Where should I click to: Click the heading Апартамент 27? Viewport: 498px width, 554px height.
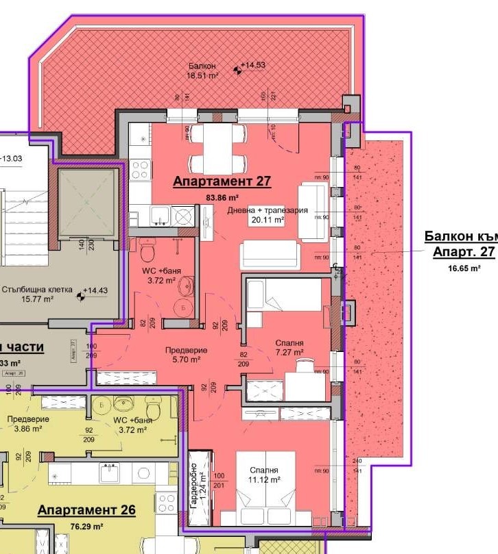(x=222, y=182)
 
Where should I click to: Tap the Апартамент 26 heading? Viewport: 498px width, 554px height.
(x=86, y=510)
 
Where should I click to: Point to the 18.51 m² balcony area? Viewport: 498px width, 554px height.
(x=203, y=76)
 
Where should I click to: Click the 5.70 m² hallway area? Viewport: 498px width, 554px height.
(x=186, y=360)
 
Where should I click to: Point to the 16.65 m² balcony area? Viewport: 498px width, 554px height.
(x=464, y=268)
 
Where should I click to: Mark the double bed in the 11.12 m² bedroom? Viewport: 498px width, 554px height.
(x=266, y=490)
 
